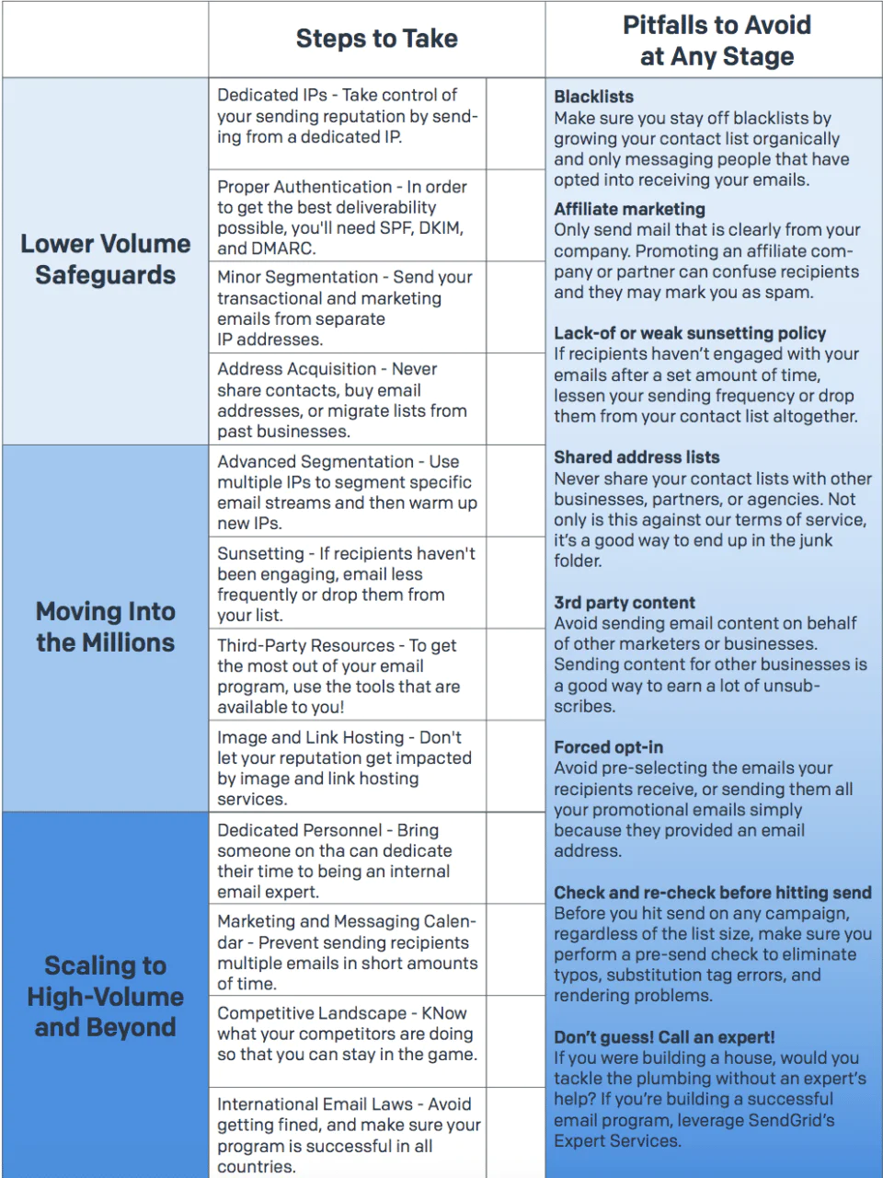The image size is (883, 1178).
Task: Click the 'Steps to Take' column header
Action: point(376,39)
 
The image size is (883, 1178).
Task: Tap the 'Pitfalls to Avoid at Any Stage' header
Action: point(717,40)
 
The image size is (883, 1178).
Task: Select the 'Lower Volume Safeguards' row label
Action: point(106,260)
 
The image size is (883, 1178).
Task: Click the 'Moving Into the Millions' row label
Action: point(106,627)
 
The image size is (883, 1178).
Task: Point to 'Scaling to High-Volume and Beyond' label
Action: point(106,996)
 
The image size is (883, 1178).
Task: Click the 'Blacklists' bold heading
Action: point(593,97)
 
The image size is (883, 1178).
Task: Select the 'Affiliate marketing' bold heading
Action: point(629,209)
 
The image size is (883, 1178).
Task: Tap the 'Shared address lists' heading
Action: point(636,457)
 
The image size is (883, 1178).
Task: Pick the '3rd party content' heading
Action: point(625,603)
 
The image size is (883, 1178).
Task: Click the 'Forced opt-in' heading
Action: point(608,747)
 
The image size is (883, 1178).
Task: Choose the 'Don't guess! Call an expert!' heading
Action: point(664,1037)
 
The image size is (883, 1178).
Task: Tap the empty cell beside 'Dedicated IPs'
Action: point(515,123)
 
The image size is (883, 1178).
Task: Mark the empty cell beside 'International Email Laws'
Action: point(515,1132)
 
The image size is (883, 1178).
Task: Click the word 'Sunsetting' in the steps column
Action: point(260,554)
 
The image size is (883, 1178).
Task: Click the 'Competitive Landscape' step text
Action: point(346,1034)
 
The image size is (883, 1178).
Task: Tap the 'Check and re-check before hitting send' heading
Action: point(712,893)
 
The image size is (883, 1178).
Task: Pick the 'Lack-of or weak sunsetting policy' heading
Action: point(690,333)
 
